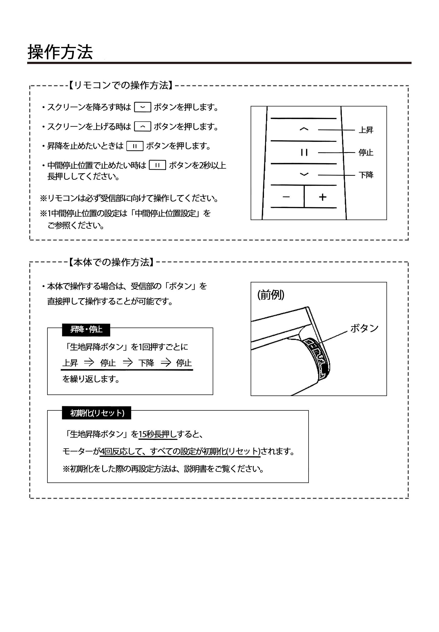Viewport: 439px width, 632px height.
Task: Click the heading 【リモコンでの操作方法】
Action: [x=120, y=85]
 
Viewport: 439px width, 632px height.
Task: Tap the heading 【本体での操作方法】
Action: [x=111, y=262]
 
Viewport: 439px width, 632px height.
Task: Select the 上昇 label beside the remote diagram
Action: [x=366, y=130]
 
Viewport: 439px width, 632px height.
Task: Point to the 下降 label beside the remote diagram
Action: [x=366, y=175]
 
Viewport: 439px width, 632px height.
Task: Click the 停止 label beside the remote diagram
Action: [x=366, y=153]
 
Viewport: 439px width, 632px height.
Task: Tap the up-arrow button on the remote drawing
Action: [x=304, y=129]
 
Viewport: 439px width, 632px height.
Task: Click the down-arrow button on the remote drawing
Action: [x=304, y=174]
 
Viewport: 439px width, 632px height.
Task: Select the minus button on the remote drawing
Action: [x=286, y=197]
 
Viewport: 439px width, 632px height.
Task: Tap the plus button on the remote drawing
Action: [x=323, y=197]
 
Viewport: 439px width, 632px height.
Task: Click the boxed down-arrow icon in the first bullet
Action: [x=142, y=107]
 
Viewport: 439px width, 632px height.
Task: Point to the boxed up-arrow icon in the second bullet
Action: [x=142, y=127]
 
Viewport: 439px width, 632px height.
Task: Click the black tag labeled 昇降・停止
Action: [x=86, y=330]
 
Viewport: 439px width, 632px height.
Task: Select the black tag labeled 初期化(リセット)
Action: [x=97, y=413]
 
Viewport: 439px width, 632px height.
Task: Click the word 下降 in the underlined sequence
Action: [x=146, y=363]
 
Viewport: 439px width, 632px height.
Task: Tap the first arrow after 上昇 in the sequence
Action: [x=89, y=362]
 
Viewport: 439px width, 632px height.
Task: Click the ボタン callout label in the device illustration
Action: [x=364, y=328]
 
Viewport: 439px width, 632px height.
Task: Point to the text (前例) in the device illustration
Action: [x=271, y=295]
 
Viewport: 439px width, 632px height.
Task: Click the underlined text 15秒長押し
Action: [x=158, y=434]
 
